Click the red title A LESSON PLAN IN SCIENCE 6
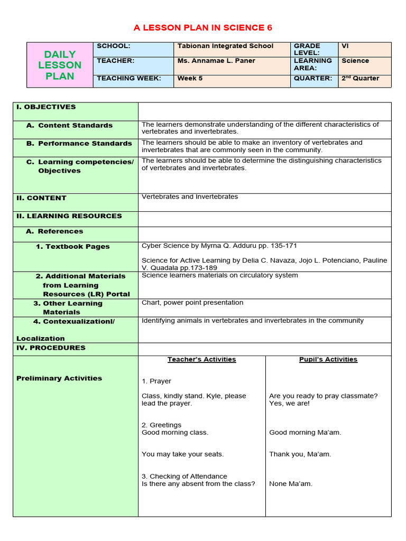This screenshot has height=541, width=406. pyautogui.click(x=203, y=27)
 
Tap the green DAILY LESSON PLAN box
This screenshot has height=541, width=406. pyautogui.click(x=60, y=65)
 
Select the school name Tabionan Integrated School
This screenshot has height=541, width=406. pyautogui.click(x=225, y=46)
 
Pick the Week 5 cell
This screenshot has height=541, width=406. pyautogui.click(x=190, y=78)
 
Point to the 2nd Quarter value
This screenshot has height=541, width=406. pyautogui.click(x=360, y=78)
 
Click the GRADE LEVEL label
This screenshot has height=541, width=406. pyautogui.click(x=307, y=50)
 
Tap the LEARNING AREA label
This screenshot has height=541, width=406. pyautogui.click(x=312, y=64)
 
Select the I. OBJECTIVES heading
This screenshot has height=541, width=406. pyautogui.click(x=46, y=107)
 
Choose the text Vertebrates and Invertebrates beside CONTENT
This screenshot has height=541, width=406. pyautogui.click(x=190, y=197)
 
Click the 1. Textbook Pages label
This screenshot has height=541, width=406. pyautogui.click(x=72, y=246)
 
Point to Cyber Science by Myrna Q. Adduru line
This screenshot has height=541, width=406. pyautogui.click(x=216, y=246)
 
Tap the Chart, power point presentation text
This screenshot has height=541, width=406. pyautogui.click(x=192, y=303)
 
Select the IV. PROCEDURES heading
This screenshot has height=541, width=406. pyautogui.click(x=51, y=348)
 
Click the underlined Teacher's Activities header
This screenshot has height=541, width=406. pyautogui.click(x=201, y=359)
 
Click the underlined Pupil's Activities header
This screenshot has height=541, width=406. pyautogui.click(x=328, y=359)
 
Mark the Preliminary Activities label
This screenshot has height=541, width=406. pyautogui.click(x=59, y=378)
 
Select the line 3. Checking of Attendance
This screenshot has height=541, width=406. pyautogui.click(x=184, y=476)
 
